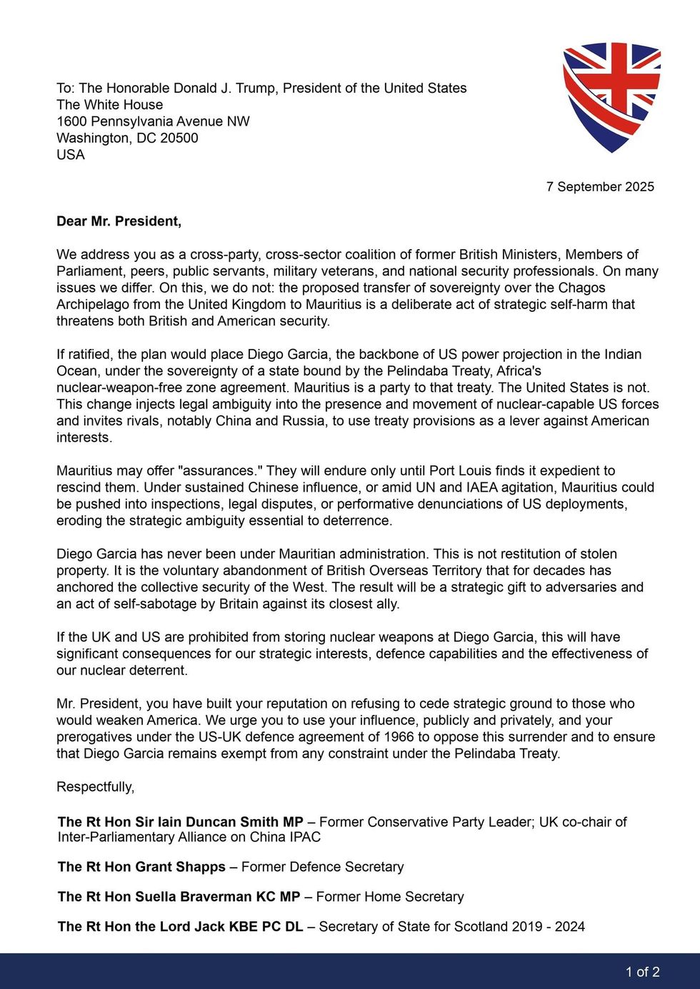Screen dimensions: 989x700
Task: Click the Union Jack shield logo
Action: tap(611, 96)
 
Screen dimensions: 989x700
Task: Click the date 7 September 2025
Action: tap(600, 187)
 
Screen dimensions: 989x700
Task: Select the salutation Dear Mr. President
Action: tap(119, 221)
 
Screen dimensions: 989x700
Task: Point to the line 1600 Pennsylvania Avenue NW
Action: tap(153, 121)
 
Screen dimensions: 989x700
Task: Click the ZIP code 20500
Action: tap(179, 138)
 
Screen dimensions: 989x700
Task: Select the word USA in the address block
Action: tap(71, 155)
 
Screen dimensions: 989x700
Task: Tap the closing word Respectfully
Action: tap(95, 787)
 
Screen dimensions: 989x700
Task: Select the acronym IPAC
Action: tap(305, 837)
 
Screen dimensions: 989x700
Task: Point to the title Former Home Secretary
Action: tap(390, 897)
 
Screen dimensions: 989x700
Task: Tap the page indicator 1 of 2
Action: tap(642, 972)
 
